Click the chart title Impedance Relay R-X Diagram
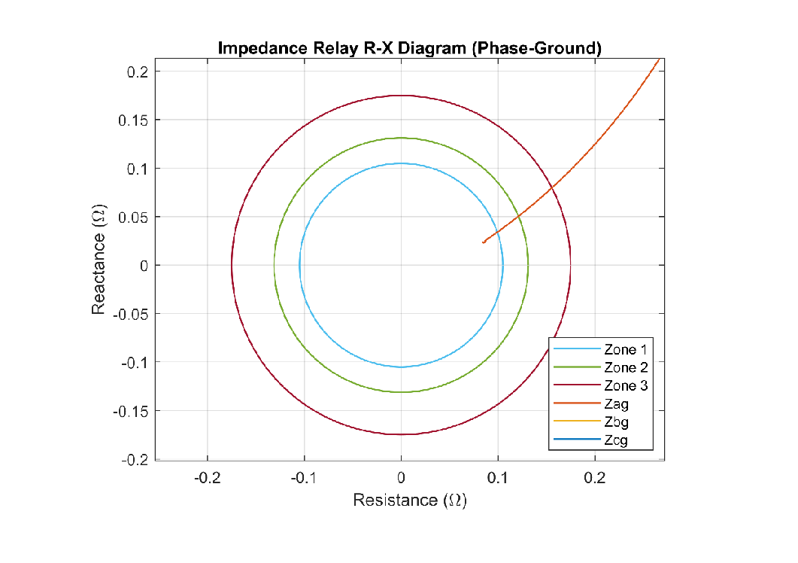tap(409, 48)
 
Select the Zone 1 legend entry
tap(625, 349)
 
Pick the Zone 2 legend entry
tap(625, 367)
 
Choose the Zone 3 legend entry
tap(625, 386)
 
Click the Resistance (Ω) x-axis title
tap(409, 500)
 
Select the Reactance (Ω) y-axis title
tap(98, 260)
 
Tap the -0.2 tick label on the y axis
tap(135, 459)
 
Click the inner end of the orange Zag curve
tap(483, 242)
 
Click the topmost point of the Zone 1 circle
tap(401, 163)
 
